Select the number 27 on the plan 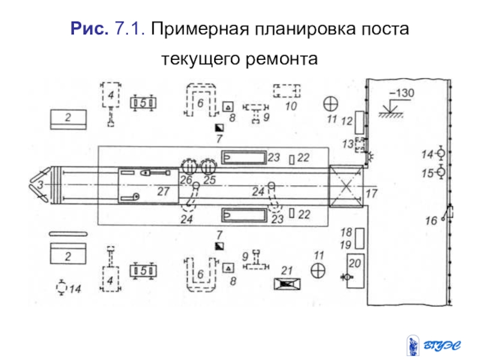click(164, 191)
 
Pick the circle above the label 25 click(208, 165)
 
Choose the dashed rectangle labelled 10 click(287, 91)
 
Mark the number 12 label click(346, 121)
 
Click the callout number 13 click(347, 144)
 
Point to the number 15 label click(427, 173)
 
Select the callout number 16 click(431, 221)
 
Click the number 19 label click(346, 244)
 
